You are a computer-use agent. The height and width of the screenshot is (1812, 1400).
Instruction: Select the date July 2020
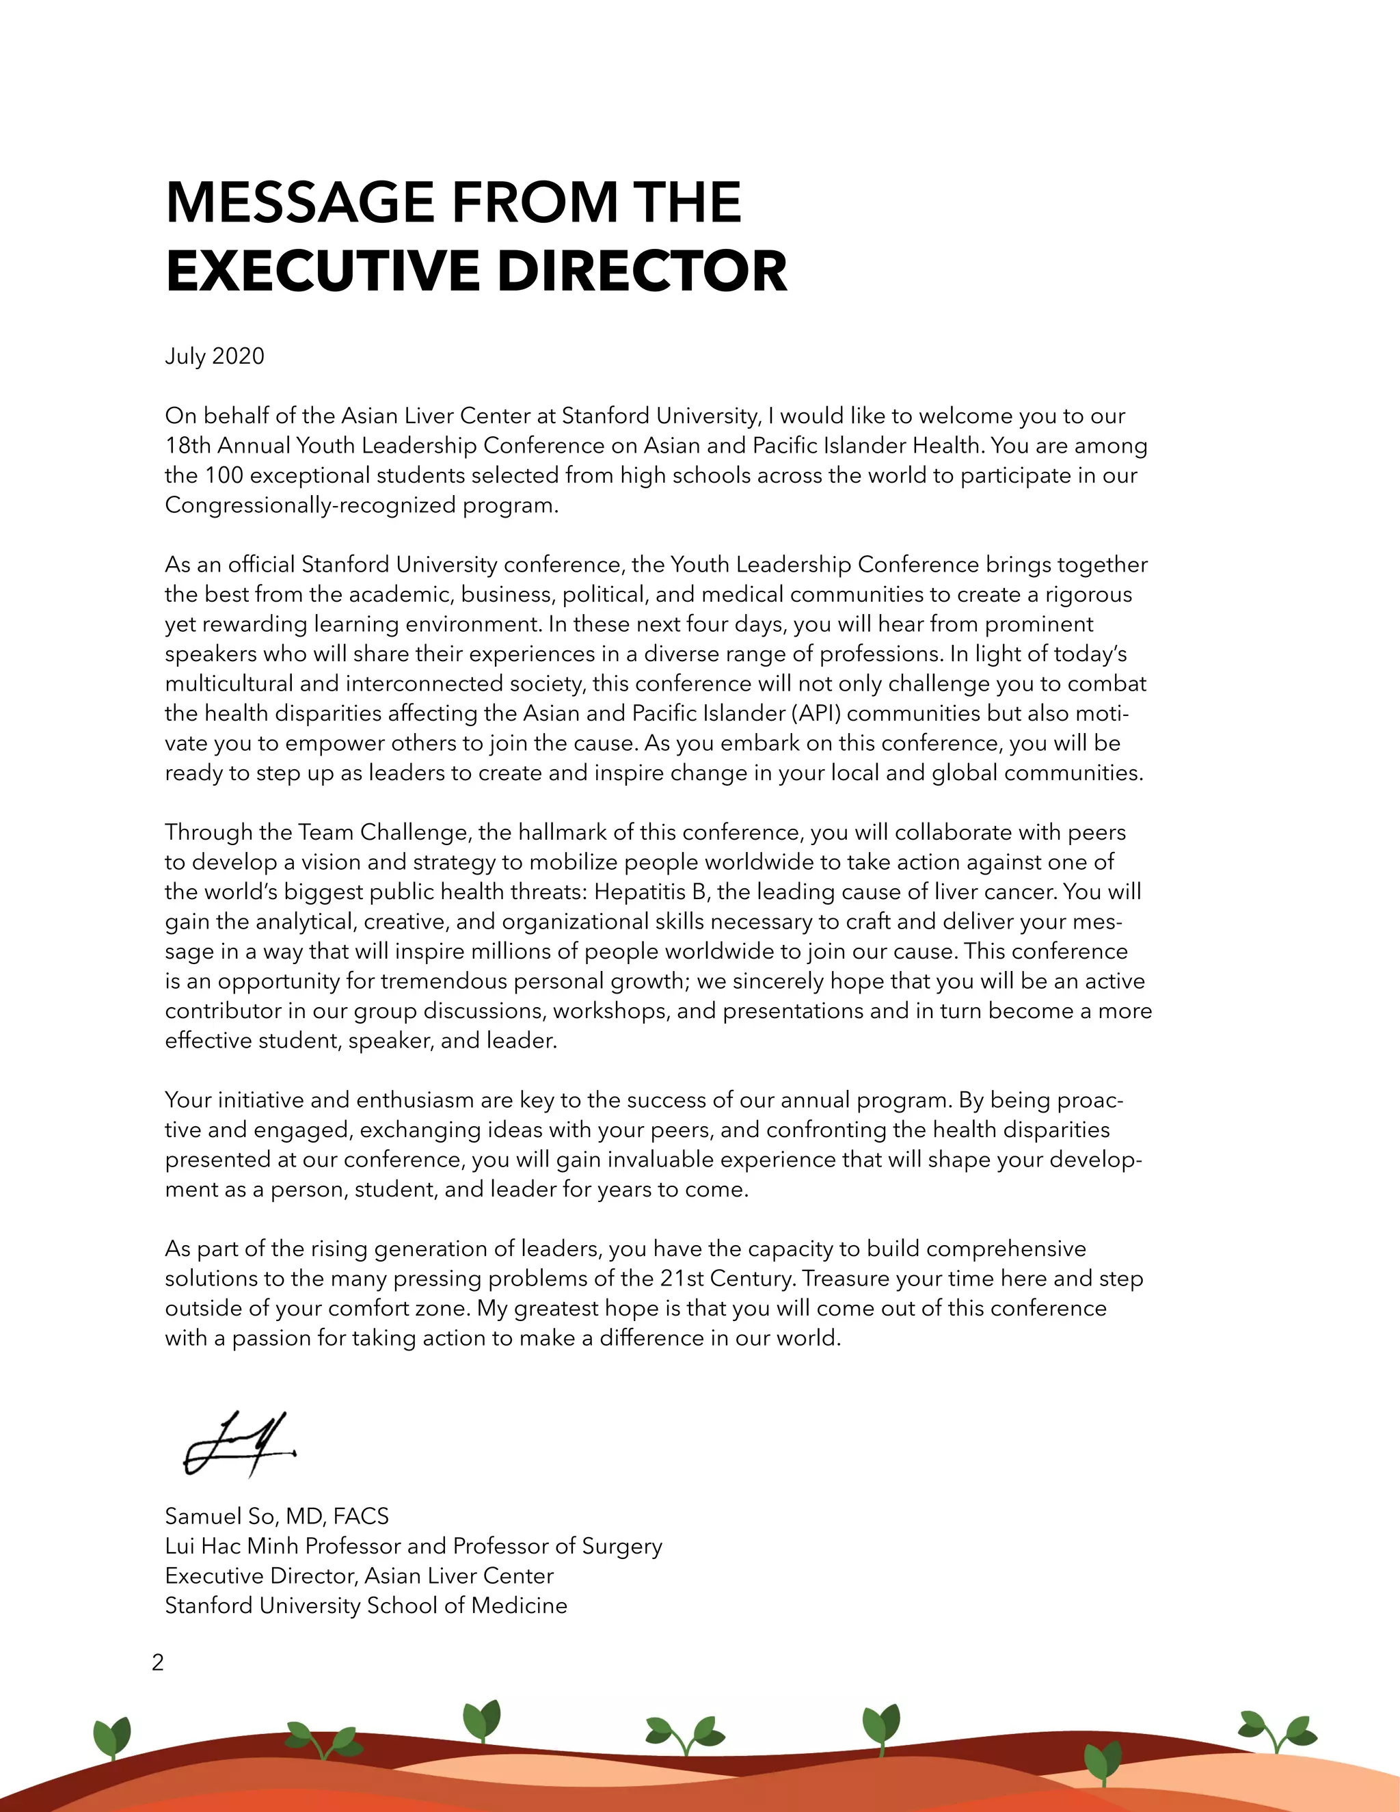point(214,356)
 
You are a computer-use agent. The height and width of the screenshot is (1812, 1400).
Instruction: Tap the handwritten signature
point(239,1444)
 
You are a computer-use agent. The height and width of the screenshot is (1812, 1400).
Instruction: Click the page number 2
point(158,1662)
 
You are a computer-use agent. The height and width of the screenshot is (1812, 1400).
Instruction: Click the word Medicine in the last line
point(520,1606)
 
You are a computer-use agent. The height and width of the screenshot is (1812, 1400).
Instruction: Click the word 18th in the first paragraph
point(187,446)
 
